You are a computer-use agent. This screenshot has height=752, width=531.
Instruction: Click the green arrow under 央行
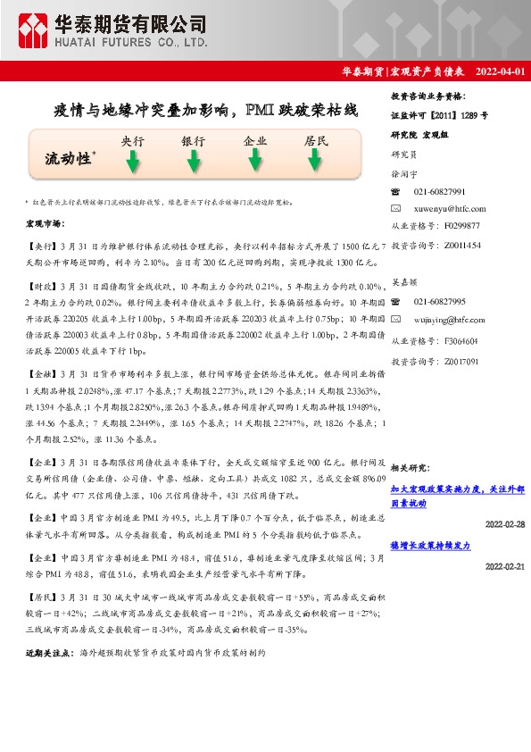(132, 161)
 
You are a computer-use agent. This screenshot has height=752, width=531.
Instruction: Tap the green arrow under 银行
(193, 161)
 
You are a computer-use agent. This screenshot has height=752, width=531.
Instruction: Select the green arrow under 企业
(255, 161)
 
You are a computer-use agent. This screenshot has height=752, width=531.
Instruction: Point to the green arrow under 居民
(315, 161)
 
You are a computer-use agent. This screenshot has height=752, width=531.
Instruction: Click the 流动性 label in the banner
(69, 159)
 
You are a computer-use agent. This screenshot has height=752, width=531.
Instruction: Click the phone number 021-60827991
(439, 192)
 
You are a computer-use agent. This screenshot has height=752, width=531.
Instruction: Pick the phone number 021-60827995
(439, 302)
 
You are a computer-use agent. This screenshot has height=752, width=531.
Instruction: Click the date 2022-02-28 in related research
(504, 524)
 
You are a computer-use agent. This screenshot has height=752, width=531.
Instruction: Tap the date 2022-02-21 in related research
(504, 566)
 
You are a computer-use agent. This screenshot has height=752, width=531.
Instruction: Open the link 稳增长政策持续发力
(430, 546)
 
